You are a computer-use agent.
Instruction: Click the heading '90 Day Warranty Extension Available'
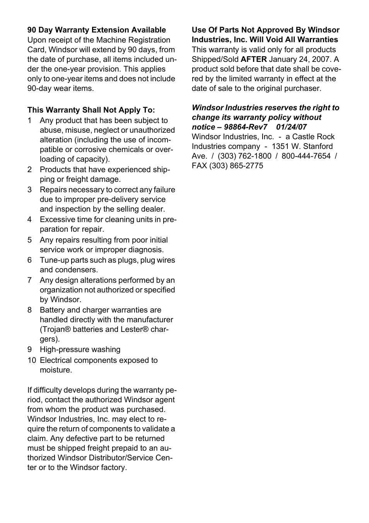point(96,30)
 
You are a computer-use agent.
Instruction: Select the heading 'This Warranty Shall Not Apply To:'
point(91,110)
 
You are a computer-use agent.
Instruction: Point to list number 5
point(29,240)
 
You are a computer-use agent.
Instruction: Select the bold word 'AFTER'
point(254,60)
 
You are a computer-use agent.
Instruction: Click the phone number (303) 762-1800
point(244,156)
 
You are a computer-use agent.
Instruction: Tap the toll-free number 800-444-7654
point(306,156)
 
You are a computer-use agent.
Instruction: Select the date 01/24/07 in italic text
point(291,127)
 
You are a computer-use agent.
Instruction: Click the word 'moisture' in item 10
point(55,370)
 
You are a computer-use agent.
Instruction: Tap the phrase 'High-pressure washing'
point(80,350)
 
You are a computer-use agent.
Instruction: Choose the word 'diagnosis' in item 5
point(145,250)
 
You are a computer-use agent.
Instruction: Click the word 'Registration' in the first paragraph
point(148,40)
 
